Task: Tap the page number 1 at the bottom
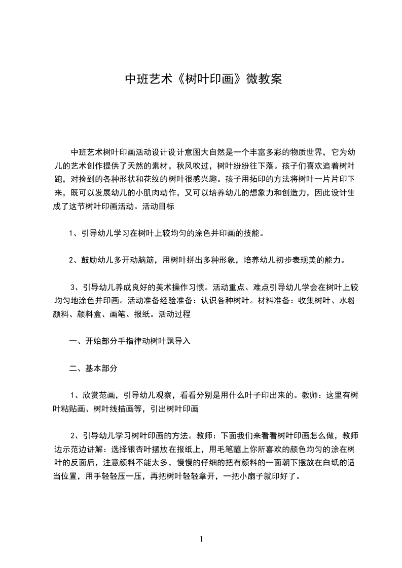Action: pyautogui.click(x=201, y=540)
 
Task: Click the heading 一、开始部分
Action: pyautogui.click(x=93, y=341)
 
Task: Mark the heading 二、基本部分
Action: pyautogui.click(x=93, y=369)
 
